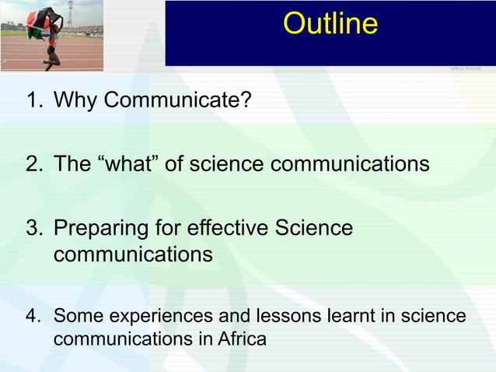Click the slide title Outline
(x=330, y=24)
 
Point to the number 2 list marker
(x=32, y=164)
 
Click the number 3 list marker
(x=32, y=229)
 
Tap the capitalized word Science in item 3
(x=311, y=229)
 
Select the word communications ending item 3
(x=133, y=254)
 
